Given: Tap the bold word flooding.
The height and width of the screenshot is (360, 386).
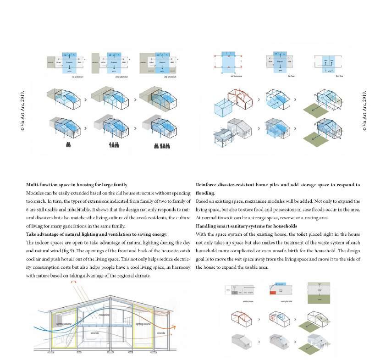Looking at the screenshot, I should pyautogui.click(x=206, y=193).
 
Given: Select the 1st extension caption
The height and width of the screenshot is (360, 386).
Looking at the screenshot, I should pyautogui.click(x=77, y=77).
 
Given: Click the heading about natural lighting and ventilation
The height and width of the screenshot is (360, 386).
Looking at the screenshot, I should pyautogui.click(x=96, y=234).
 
